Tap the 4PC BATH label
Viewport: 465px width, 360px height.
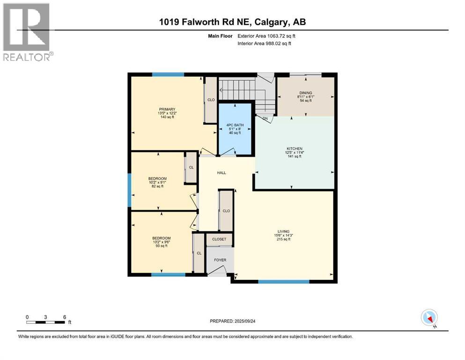click(235, 125)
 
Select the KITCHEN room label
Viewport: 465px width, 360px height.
click(295, 149)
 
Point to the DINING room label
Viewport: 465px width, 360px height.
click(306, 93)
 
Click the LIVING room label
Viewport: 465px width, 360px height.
click(283, 232)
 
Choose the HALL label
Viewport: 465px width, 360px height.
click(221, 172)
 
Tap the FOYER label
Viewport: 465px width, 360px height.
click(220, 259)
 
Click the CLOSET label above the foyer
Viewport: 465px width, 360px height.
click(219, 239)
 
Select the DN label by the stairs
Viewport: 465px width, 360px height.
click(265, 119)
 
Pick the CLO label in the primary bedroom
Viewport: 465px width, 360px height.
click(211, 100)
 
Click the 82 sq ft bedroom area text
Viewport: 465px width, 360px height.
click(157, 186)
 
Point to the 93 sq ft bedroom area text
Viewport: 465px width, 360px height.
click(161, 246)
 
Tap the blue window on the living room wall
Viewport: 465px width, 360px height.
click(284, 282)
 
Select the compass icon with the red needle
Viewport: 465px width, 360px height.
click(429, 317)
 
